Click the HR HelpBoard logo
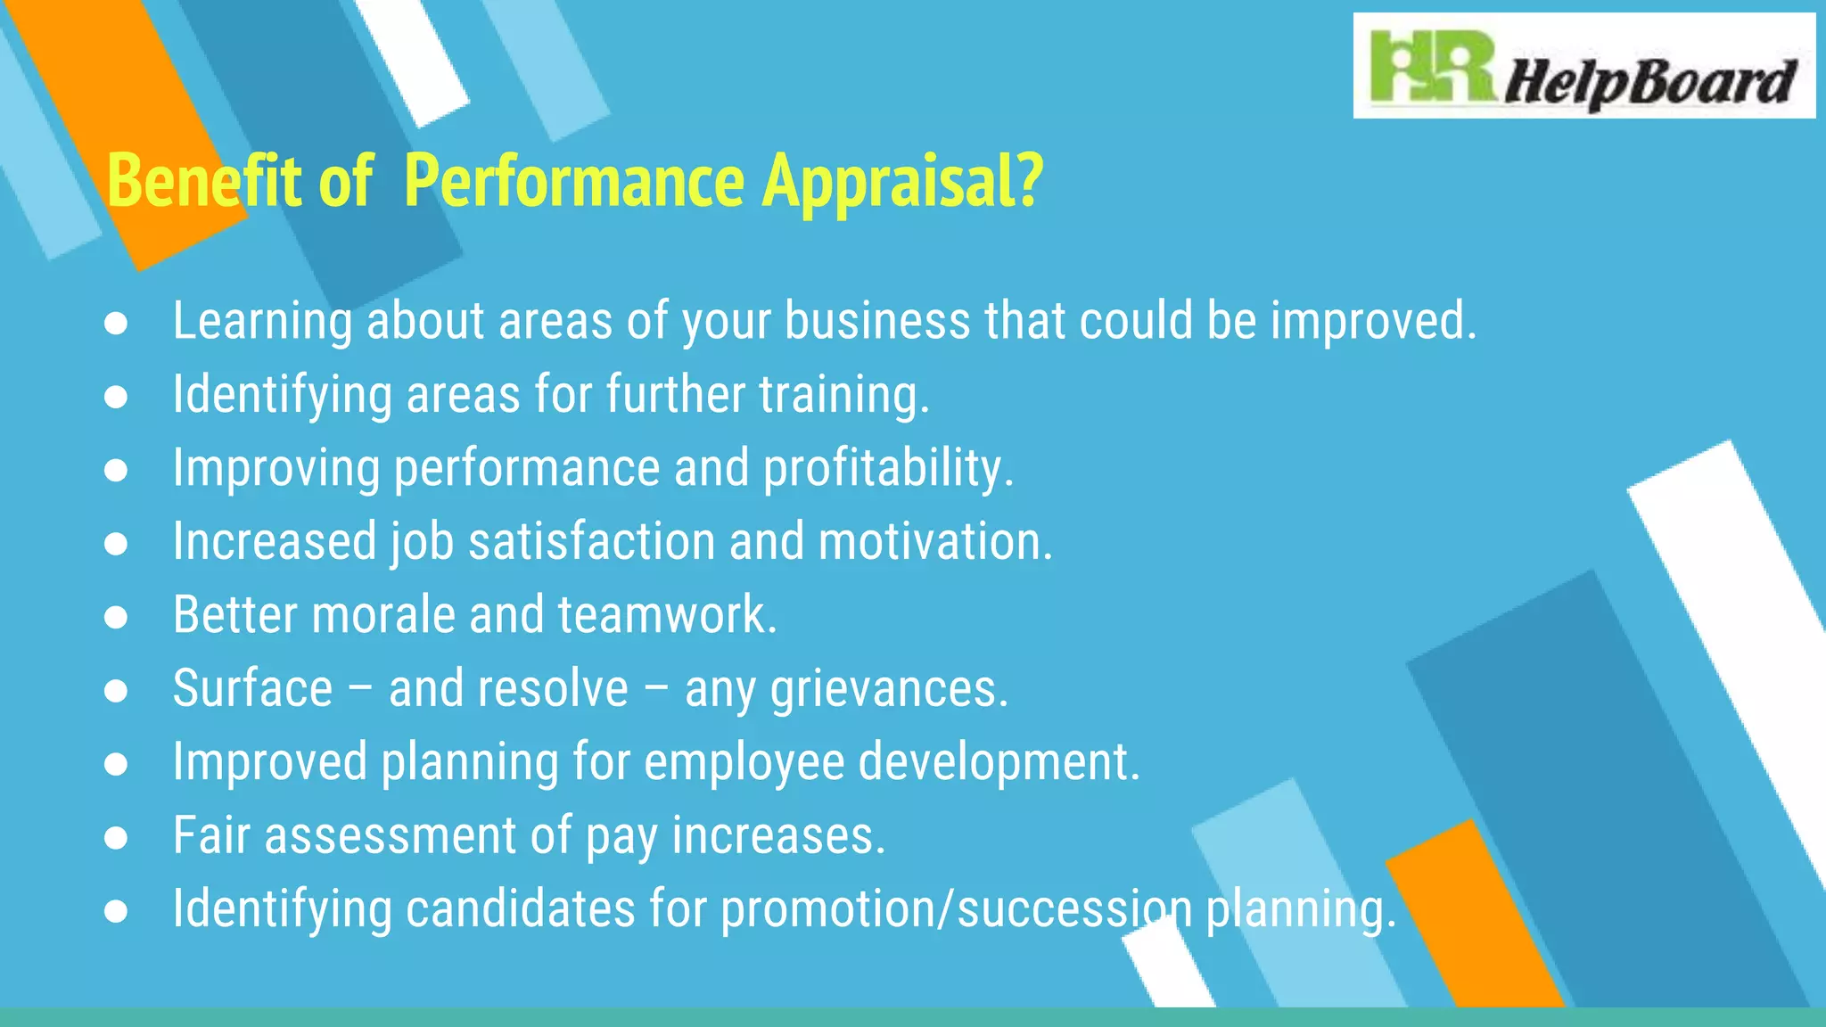(1583, 67)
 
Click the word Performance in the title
(574, 181)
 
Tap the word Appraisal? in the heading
(901, 181)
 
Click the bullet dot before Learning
(116, 323)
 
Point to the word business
(876, 321)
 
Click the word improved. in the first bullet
(1373, 321)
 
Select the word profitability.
(888, 469)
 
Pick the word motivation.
(935, 542)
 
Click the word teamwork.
(668, 615)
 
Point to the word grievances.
(889, 690)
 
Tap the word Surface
(252, 689)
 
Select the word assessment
(391, 836)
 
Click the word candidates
(521, 909)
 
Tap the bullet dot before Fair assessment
(116, 838)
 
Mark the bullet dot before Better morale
(116, 617)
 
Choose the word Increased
(275, 542)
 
